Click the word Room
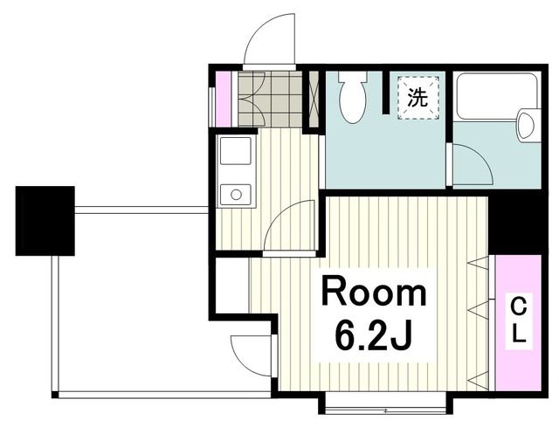point(374,293)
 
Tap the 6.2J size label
point(374,333)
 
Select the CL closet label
point(518,320)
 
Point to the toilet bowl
point(354,100)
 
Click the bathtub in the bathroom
point(494,97)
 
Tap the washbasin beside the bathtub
point(527,125)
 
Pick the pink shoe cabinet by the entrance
point(223,97)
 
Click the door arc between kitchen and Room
point(290,224)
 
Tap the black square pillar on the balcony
point(45,220)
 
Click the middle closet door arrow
point(478,308)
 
